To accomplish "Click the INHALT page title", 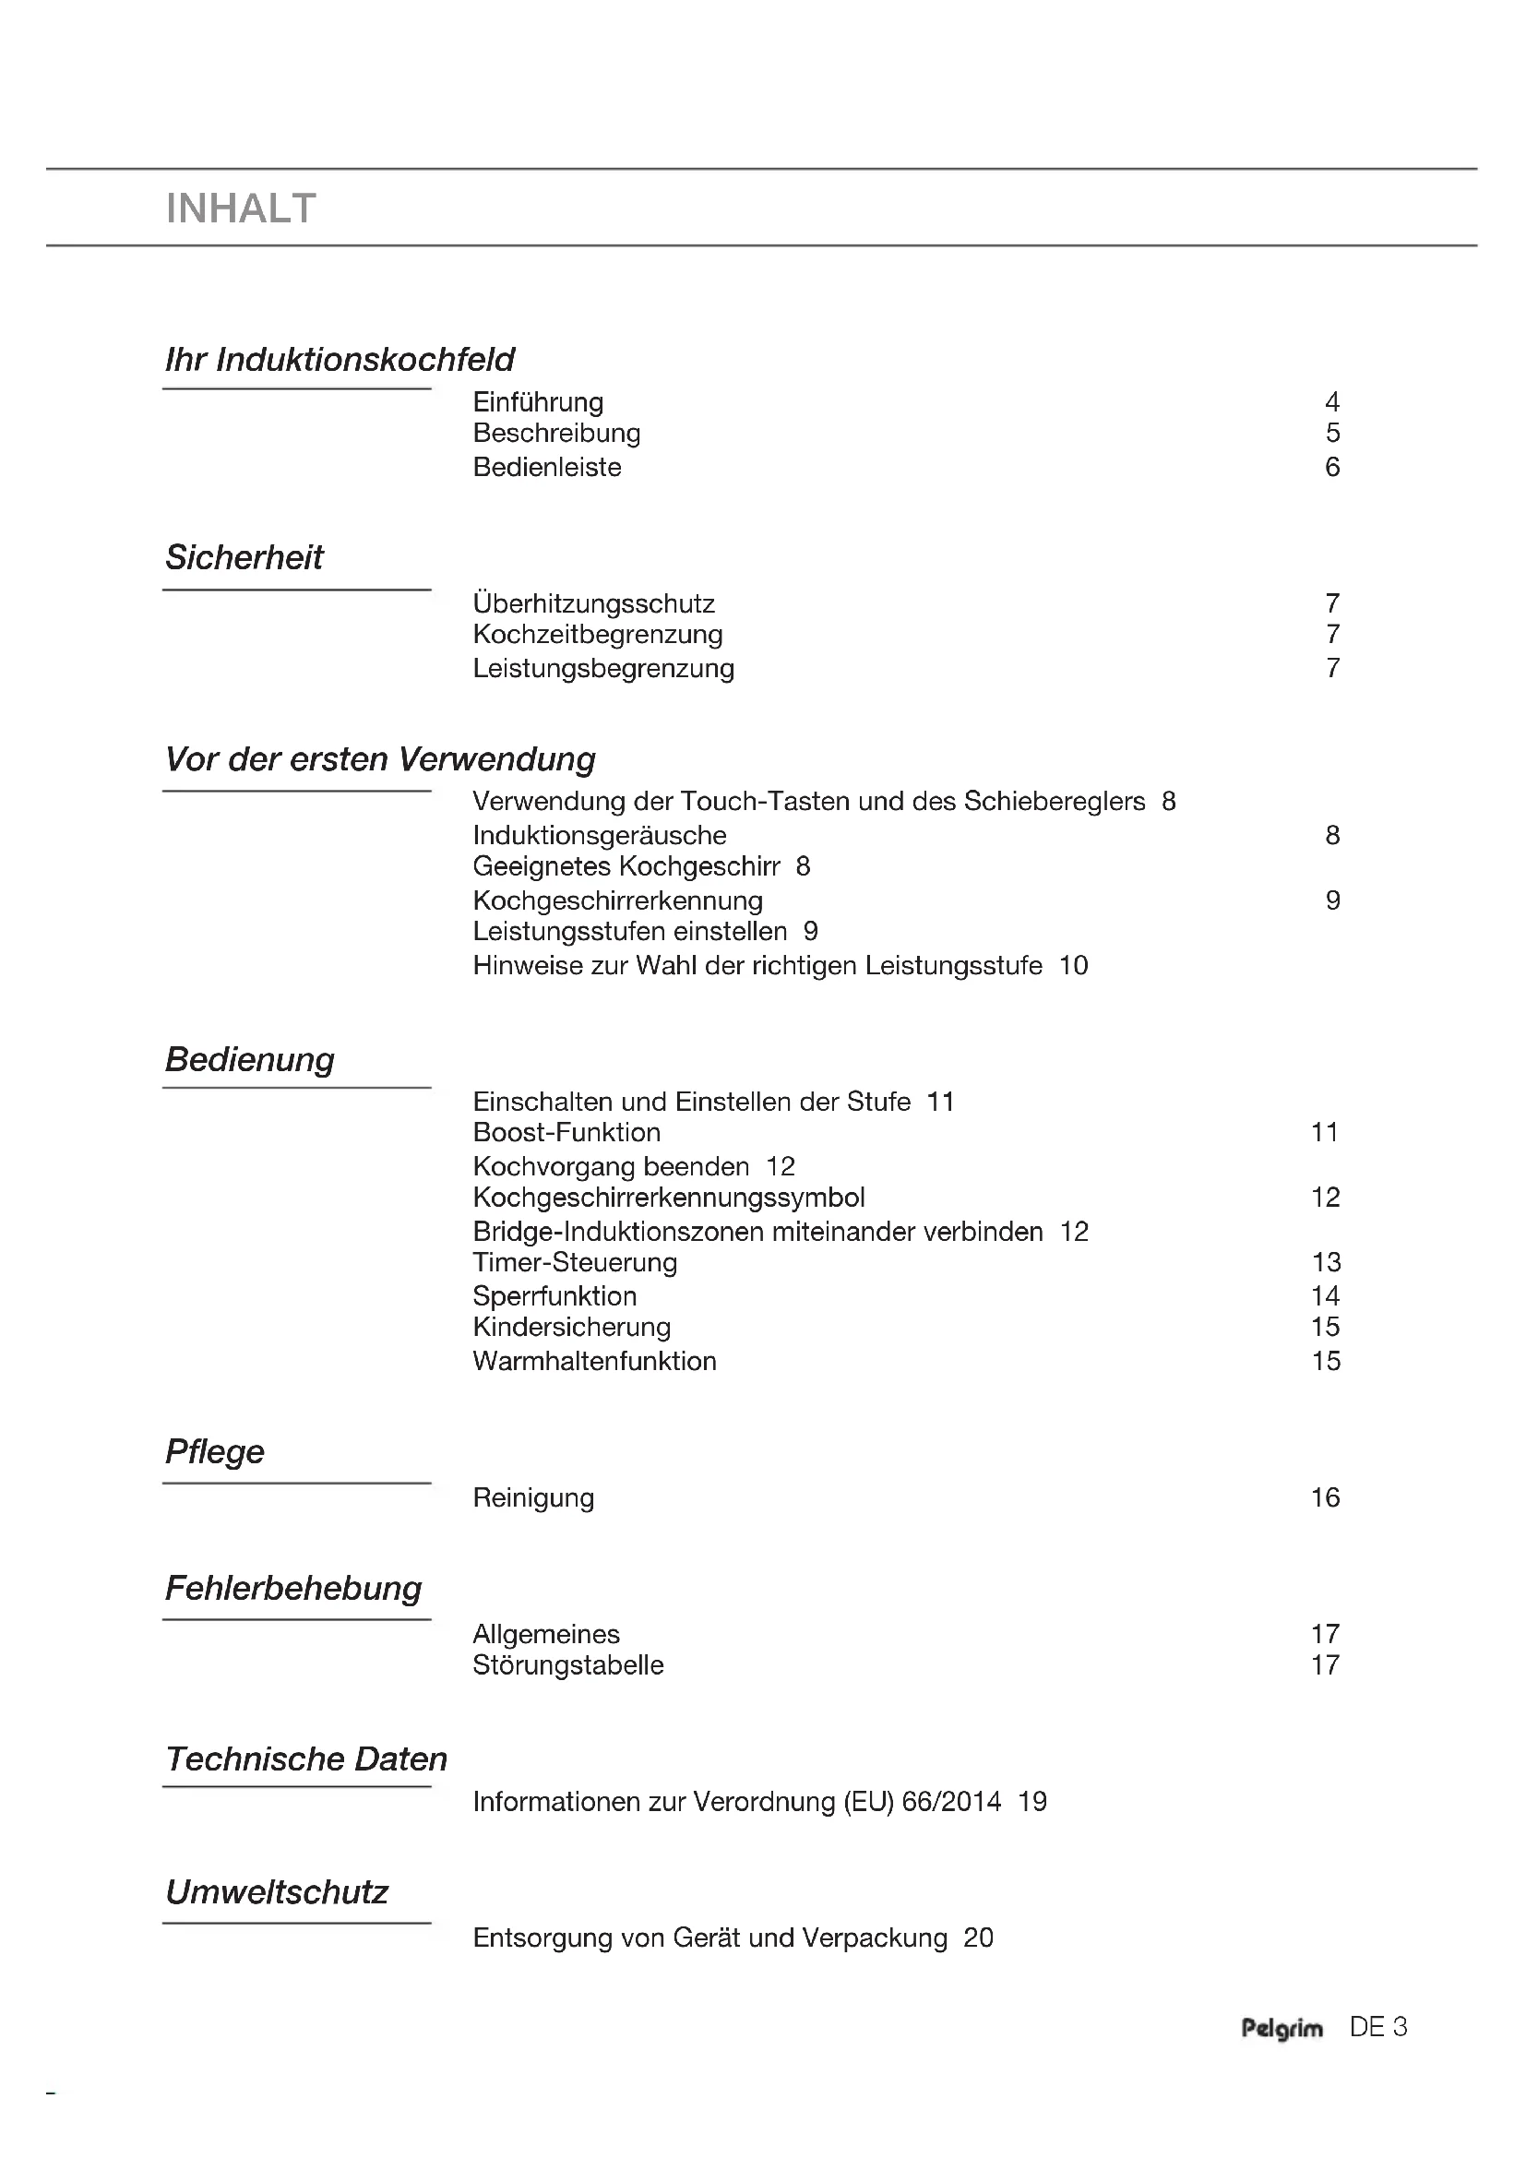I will (241, 209).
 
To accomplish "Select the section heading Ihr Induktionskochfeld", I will (340, 360).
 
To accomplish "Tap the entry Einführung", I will (538, 402).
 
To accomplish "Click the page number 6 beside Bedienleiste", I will (1331, 467).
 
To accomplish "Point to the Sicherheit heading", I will (244, 557).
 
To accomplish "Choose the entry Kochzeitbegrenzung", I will (598, 635).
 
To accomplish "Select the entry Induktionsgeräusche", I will (600, 836).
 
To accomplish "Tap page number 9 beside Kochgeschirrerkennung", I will (1331, 900).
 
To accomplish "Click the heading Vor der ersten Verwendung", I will (379, 759).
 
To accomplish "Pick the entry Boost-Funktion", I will (566, 1133).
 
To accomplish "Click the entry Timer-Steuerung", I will (575, 1262).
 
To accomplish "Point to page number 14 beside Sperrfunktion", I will (1325, 1296).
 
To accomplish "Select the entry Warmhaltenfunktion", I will (594, 1361).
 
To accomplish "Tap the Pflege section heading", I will (214, 1452).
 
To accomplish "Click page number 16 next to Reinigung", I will (1325, 1497).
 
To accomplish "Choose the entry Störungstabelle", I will (567, 1664).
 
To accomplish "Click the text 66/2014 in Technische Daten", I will (951, 1802).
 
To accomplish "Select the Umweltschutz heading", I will (276, 1892).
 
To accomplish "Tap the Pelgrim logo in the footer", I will (1282, 2028).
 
